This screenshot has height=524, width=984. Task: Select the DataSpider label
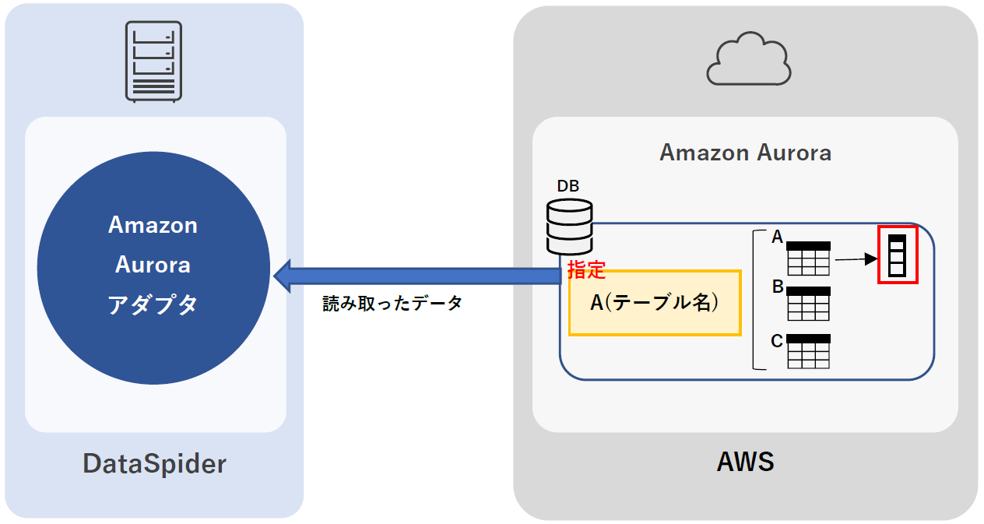[x=154, y=464]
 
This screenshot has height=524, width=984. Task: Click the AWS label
[x=745, y=462]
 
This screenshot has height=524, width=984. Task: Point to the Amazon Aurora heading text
[x=745, y=153]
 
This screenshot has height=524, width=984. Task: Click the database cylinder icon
[x=569, y=227]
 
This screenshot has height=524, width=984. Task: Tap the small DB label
[x=568, y=186]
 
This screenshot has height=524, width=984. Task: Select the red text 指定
[x=586, y=270]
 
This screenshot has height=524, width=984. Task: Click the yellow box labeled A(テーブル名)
[x=654, y=303]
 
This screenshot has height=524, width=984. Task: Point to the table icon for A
[x=808, y=258]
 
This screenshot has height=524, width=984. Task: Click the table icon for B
[x=808, y=304]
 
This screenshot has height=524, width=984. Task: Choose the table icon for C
[x=808, y=351]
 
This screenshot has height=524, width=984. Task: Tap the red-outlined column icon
[x=898, y=255]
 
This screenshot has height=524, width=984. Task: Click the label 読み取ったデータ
[x=392, y=304]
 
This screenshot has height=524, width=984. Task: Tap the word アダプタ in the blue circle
[x=153, y=304]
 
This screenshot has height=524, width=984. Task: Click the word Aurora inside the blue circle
[x=153, y=265]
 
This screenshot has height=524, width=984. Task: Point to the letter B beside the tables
[x=777, y=287]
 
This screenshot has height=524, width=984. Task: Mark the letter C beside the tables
[x=777, y=340]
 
